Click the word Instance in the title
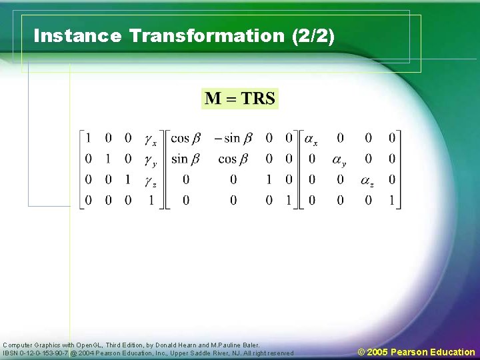click(77, 36)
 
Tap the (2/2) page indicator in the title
click(313, 36)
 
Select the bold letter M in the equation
click(213, 99)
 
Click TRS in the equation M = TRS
click(258, 99)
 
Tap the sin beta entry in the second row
click(185, 159)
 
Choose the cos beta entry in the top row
click(185, 139)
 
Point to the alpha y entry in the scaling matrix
click(339, 161)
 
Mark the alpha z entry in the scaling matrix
click(367, 181)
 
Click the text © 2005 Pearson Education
click(416, 352)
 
